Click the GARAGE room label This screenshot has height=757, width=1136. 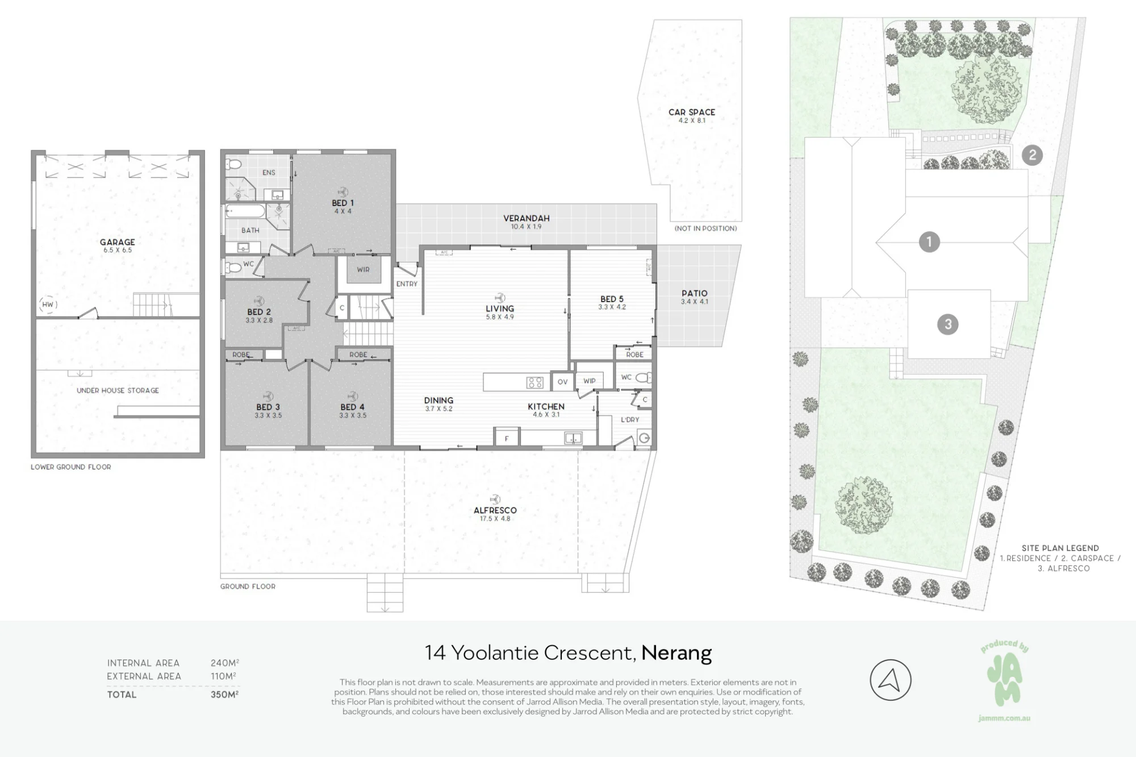[118, 242]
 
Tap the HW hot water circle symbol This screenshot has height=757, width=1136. [48, 304]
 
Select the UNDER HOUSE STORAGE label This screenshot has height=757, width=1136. [118, 391]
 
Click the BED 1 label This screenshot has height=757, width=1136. [343, 203]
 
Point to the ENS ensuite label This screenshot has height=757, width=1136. [269, 173]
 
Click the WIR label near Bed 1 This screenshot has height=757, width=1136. [363, 270]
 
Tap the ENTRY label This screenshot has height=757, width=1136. [407, 284]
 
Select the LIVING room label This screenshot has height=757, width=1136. [500, 309]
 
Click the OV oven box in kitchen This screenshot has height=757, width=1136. [562, 382]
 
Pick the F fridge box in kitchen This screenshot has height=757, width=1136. [507, 438]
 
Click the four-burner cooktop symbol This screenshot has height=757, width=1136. [534, 383]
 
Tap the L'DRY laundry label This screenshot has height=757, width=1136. [630, 420]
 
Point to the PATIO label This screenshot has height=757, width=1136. [695, 294]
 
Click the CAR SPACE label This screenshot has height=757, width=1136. [692, 112]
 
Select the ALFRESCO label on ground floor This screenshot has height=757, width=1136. [495, 511]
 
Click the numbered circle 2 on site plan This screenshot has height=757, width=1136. [1032, 155]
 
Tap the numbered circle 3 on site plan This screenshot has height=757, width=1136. [947, 324]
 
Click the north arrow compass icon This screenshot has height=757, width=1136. [891, 680]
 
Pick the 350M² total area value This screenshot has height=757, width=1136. [225, 695]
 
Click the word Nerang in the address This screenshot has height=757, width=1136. [676, 654]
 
